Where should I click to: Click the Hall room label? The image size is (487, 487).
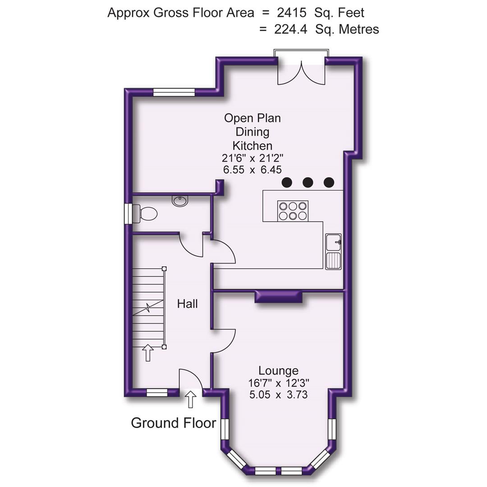click(187, 304)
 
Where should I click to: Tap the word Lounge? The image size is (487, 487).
click(278, 371)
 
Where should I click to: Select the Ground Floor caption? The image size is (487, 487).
click(173, 423)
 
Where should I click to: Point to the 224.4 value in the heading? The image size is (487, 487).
click(291, 29)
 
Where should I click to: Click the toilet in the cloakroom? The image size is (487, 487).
click(147, 213)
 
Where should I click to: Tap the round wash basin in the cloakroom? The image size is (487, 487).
click(180, 201)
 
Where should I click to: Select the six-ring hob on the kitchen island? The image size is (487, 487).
click(293, 211)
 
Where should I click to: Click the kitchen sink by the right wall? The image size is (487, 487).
click(333, 251)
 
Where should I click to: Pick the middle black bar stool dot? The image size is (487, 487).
click(308, 182)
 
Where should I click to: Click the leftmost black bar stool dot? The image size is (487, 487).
click(286, 182)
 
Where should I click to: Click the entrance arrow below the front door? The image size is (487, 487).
click(191, 399)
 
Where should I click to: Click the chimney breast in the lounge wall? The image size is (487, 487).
click(278, 296)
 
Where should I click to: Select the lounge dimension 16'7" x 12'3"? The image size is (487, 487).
click(278, 383)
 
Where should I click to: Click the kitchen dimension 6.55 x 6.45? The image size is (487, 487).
click(252, 170)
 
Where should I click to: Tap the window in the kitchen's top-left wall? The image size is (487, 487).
click(174, 92)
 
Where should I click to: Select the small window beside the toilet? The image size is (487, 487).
click(128, 213)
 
